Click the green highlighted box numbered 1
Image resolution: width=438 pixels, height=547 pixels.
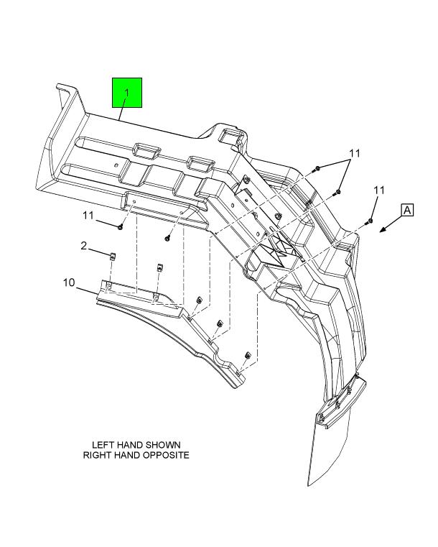pyautogui.click(x=127, y=93)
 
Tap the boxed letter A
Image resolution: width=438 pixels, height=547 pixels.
pyautogui.click(x=407, y=211)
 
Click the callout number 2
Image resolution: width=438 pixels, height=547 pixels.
pyautogui.click(x=83, y=246)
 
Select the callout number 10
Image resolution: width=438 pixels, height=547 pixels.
pyautogui.click(x=69, y=282)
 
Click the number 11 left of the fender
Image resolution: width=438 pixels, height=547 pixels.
pyautogui.click(x=88, y=215)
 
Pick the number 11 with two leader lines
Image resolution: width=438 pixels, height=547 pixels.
pyautogui.click(x=355, y=153)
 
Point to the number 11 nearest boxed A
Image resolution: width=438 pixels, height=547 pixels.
pyautogui.click(x=379, y=190)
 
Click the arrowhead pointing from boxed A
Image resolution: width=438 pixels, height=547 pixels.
pyautogui.click(x=383, y=229)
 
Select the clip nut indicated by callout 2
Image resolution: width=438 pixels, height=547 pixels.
pyautogui.click(x=112, y=257)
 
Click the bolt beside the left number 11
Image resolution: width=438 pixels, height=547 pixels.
pyautogui.click(x=120, y=227)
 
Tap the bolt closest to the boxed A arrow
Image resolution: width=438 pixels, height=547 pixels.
pyautogui.click(x=369, y=221)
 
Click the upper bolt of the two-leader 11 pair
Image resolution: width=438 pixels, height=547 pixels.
pyautogui.click(x=317, y=169)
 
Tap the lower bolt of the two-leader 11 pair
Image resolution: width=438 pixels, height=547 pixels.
pyautogui.click(x=337, y=191)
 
